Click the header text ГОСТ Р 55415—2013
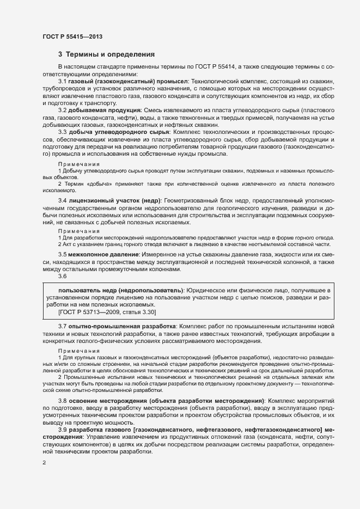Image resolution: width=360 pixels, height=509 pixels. click(x=72, y=36)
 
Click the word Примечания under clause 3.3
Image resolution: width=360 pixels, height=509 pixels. click(x=79, y=164)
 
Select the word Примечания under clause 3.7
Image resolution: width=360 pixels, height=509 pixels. click(x=79, y=351)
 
